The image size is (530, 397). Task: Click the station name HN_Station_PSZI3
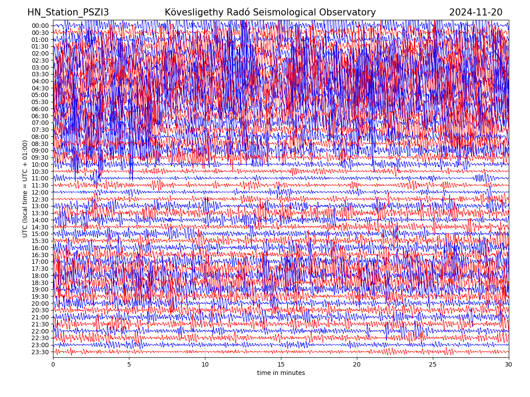pos(68,13)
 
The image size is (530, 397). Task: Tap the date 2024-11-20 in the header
pos(476,13)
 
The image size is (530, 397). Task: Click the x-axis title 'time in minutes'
pos(281,373)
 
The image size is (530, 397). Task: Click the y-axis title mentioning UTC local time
pos(25,189)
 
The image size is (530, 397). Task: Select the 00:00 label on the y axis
pos(40,26)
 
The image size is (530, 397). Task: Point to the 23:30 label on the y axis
pos(40,352)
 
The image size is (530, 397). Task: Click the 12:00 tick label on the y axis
pos(40,192)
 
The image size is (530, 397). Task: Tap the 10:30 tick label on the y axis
pos(40,172)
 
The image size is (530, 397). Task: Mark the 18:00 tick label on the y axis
pos(40,276)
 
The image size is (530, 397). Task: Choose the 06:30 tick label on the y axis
pos(40,116)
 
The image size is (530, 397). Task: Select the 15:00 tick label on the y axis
pos(40,234)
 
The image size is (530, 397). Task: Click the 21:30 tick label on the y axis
pos(40,324)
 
